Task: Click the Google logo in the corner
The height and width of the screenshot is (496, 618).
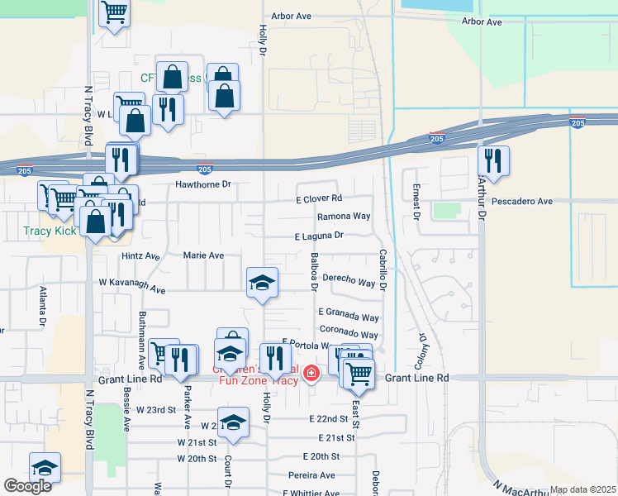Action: tap(27, 486)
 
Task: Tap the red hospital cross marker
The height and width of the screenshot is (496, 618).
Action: tap(311, 374)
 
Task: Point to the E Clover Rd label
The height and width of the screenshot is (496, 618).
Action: tap(319, 198)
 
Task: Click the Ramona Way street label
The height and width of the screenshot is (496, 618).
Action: tap(344, 217)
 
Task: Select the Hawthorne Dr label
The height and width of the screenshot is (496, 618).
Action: tap(202, 184)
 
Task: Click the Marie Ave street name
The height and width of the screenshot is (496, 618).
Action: tap(203, 255)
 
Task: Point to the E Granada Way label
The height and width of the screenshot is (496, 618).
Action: tap(349, 317)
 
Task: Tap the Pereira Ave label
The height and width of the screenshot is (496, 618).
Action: tap(311, 475)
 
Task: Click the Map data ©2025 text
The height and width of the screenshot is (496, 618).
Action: tap(582, 489)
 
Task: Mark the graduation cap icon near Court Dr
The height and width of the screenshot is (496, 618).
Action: tap(233, 421)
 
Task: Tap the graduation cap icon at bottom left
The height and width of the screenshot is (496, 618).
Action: tap(45, 466)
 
